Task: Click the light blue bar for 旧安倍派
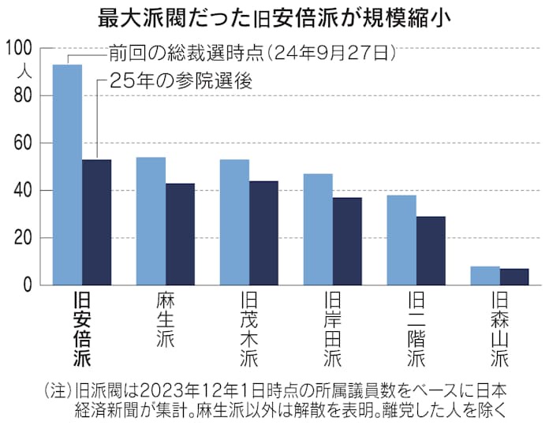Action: [67, 174]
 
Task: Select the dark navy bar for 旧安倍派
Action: [96, 222]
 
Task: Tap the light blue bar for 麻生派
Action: [151, 221]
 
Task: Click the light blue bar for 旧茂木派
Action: [234, 222]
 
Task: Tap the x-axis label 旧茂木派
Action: [248, 330]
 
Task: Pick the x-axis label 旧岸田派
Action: [333, 330]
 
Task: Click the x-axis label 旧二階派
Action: [416, 330]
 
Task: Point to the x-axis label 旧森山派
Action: [500, 330]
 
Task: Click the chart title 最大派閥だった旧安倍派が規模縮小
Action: [274, 17]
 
